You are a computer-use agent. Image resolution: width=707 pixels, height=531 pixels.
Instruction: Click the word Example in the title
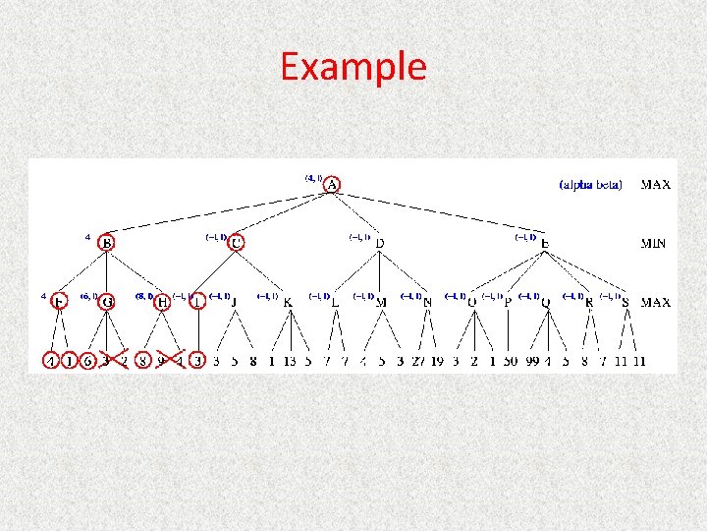click(x=353, y=67)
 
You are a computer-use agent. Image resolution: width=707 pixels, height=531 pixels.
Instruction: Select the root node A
click(x=333, y=185)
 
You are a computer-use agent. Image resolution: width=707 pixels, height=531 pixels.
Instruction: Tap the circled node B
click(x=106, y=242)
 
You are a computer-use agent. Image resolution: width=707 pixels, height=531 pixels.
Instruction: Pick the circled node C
click(x=237, y=242)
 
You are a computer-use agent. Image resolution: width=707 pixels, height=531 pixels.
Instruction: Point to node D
click(x=380, y=243)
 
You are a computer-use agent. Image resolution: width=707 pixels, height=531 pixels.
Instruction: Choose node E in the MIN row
click(x=544, y=243)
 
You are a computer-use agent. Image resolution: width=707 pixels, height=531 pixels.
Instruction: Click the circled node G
click(x=106, y=302)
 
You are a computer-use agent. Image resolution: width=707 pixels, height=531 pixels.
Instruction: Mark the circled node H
click(x=163, y=302)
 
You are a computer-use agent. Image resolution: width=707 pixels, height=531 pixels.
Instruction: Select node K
click(x=288, y=302)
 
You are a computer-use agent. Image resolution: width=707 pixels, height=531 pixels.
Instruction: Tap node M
click(x=382, y=302)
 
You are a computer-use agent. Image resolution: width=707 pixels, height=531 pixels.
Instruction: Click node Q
click(x=545, y=302)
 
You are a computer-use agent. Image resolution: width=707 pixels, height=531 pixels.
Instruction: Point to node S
click(x=625, y=302)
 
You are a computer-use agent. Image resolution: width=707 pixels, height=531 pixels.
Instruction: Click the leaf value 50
click(x=511, y=361)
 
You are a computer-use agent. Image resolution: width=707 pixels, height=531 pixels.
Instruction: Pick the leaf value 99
click(x=533, y=361)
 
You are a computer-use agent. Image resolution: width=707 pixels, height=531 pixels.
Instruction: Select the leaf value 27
click(x=419, y=361)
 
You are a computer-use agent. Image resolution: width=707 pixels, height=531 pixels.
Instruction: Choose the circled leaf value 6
click(x=87, y=361)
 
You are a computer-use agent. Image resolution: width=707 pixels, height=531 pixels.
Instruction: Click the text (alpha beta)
click(x=591, y=185)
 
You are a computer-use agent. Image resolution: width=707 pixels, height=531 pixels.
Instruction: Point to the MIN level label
click(x=654, y=243)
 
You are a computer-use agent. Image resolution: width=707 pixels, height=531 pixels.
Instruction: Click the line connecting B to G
click(x=106, y=272)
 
